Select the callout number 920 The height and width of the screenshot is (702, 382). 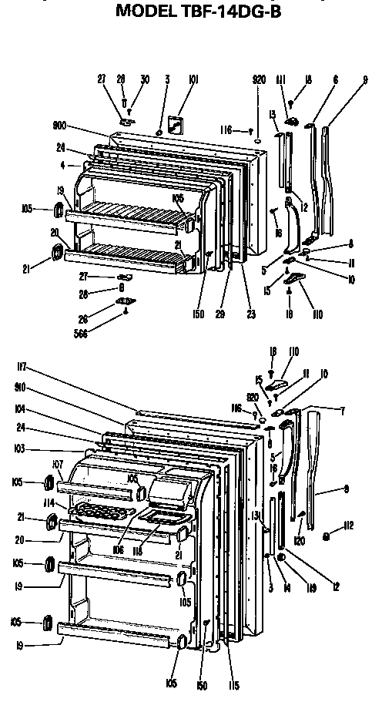tap(259, 79)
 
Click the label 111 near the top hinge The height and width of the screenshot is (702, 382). tap(281, 79)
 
